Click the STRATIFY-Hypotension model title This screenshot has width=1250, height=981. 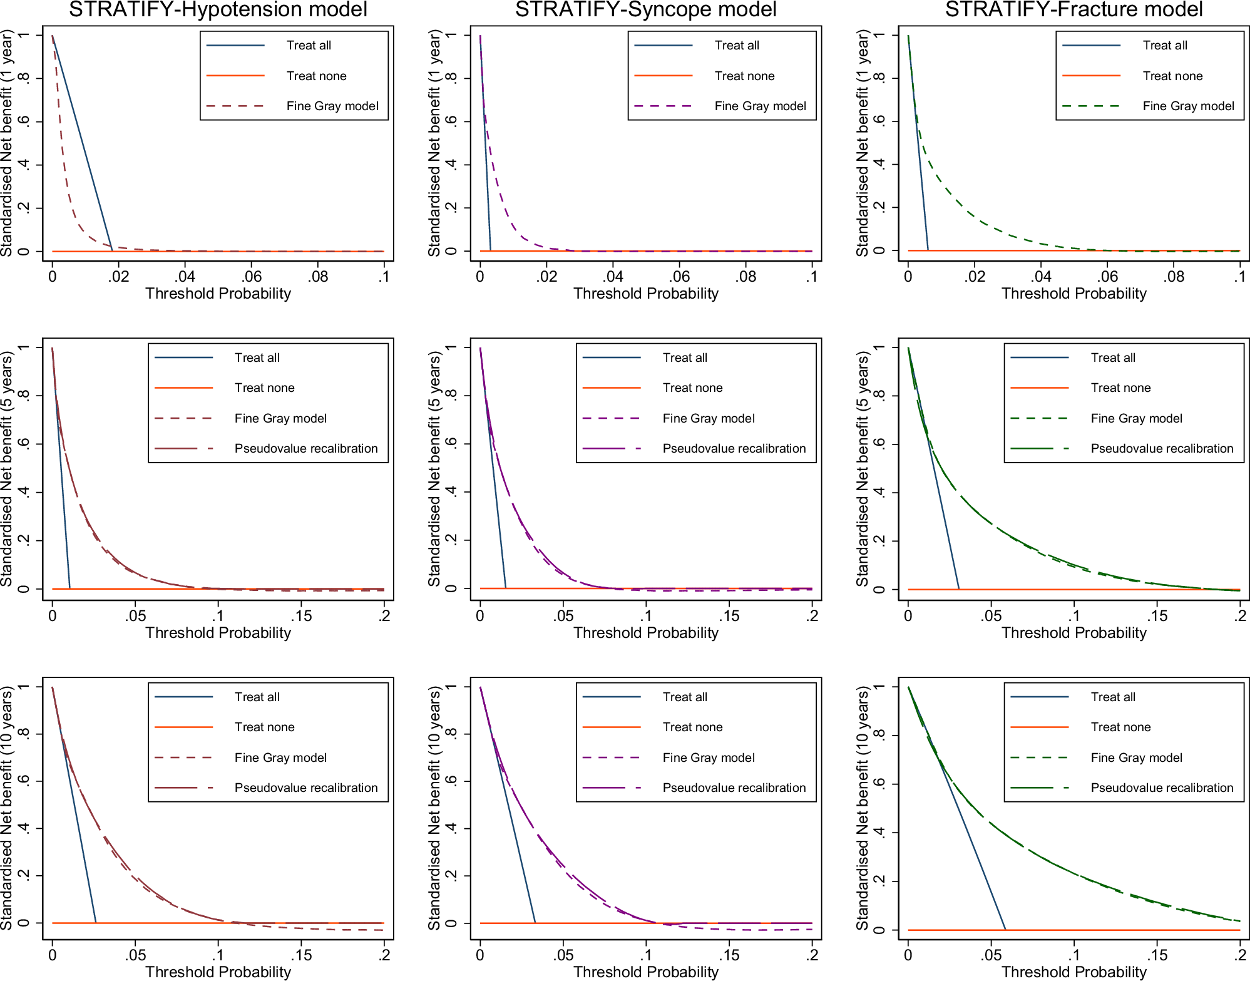click(218, 9)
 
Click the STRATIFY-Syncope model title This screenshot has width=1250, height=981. click(645, 9)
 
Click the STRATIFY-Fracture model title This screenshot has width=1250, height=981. click(1073, 9)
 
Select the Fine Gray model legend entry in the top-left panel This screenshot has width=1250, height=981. click(332, 106)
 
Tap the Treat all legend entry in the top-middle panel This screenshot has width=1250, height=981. click(736, 45)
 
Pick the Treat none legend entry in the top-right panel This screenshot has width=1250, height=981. click(1172, 76)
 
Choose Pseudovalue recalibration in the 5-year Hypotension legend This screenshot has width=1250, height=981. click(305, 448)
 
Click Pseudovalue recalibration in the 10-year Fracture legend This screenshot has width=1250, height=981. click(1161, 788)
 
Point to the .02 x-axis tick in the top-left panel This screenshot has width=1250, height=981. click(118, 277)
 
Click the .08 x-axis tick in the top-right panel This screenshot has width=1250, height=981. click(1174, 277)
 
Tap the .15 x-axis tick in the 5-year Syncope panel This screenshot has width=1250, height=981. click(729, 616)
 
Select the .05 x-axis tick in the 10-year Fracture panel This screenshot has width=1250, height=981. click(991, 955)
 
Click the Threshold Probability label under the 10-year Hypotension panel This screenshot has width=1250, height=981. click(218, 972)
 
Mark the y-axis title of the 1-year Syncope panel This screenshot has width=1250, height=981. click(434, 143)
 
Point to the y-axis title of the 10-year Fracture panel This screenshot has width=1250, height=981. click(863, 808)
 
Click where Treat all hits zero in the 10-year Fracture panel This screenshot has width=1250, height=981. click(1005, 930)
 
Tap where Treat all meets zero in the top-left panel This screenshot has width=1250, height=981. click(113, 251)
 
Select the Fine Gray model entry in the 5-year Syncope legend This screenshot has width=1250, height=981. click(708, 418)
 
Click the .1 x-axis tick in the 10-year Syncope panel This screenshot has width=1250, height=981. click(645, 955)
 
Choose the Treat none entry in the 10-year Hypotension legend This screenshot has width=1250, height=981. click(264, 727)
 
